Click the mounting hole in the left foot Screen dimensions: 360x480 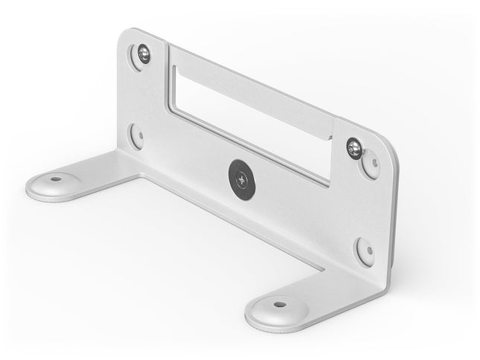point(55,179)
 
